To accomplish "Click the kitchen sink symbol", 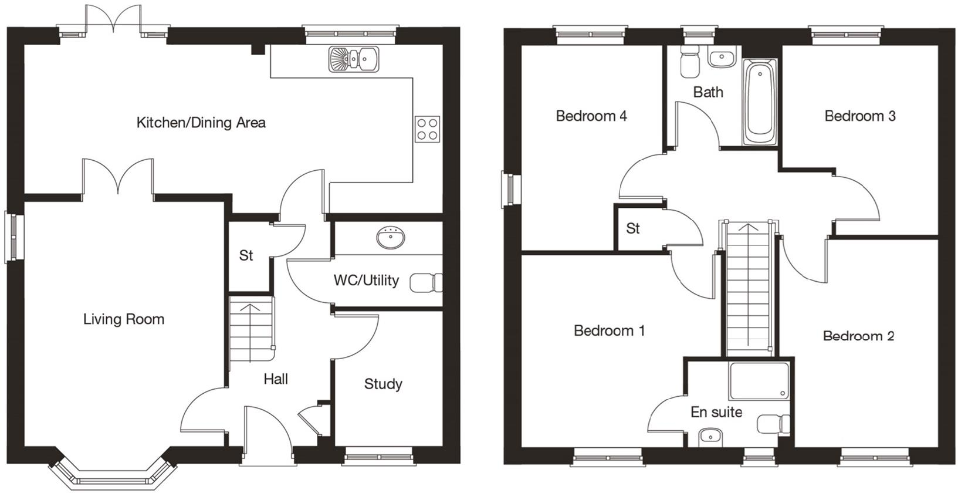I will pos(354,59).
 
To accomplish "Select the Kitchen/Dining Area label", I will pos(201,123).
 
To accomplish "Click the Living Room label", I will pos(123,319).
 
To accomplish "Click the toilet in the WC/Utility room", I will pos(426,283).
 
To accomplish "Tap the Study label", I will pos(383,384).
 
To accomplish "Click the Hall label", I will pos(275,379).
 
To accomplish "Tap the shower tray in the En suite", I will pos(759,380).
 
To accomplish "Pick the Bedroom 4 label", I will pos(591,116).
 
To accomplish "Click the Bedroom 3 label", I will pos(859,116).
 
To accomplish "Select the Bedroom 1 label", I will pos(609,330).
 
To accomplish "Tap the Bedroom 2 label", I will pos(858,336).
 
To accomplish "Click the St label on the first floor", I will pos(632,228).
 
